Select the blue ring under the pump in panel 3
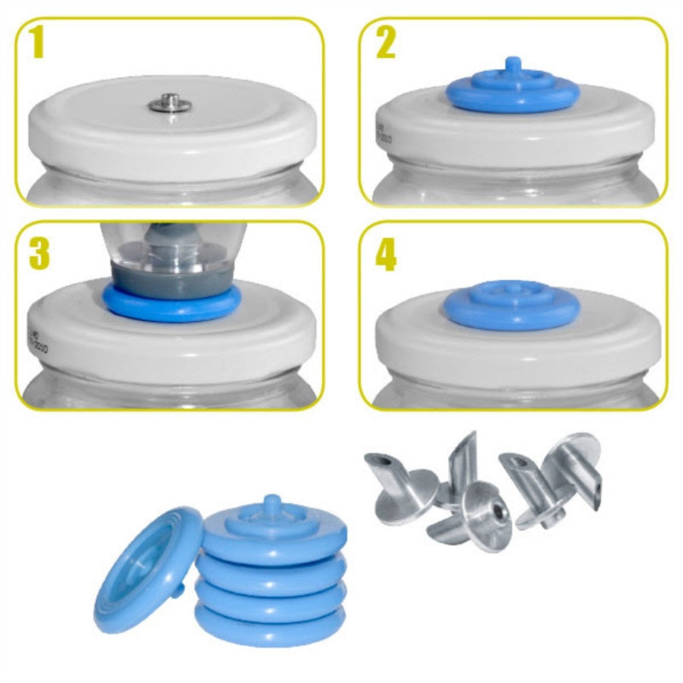(171, 303)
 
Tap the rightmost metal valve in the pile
(581, 474)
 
